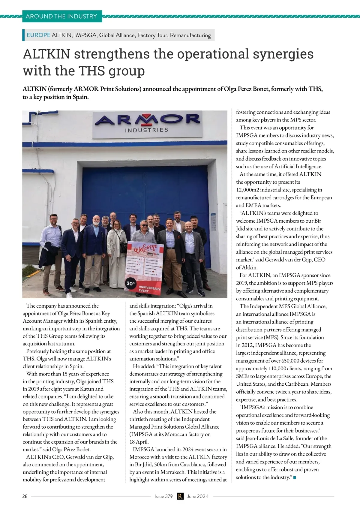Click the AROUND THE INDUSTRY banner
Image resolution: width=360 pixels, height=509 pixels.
[x=61, y=16]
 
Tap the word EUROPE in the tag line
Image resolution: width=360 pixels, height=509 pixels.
[x=38, y=35]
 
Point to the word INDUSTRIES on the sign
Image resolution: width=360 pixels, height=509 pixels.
[x=146, y=130]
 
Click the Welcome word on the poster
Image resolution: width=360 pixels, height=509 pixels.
[x=146, y=249]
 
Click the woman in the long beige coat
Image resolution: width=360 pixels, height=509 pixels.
[x=117, y=255]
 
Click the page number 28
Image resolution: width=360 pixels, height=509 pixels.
[x=25, y=496]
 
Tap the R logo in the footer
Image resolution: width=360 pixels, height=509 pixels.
[x=180, y=496]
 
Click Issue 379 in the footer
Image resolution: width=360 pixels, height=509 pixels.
[x=163, y=496]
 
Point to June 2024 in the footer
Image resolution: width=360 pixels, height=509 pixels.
[x=197, y=496]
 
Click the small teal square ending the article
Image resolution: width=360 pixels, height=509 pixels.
[x=295, y=477]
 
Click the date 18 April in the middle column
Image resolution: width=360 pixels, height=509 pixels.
[x=139, y=442]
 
